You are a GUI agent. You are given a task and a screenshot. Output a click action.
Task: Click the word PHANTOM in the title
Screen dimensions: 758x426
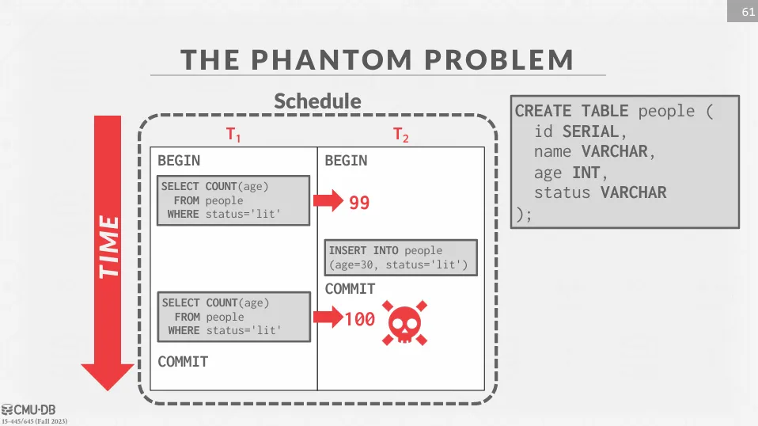pyautogui.click(x=332, y=59)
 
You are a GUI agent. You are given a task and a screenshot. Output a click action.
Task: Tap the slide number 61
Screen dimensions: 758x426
pyautogui.click(x=749, y=12)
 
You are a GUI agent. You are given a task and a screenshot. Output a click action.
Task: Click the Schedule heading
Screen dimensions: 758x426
pyautogui.click(x=317, y=101)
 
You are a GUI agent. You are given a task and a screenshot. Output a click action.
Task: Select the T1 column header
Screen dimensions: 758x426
pyautogui.click(x=233, y=134)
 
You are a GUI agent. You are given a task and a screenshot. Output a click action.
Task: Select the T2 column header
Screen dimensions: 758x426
pyautogui.click(x=400, y=135)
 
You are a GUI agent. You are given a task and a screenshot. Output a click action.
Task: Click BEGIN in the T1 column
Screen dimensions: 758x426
pyautogui.click(x=179, y=161)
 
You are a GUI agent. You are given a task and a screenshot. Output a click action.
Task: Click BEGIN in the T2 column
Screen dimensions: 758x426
pyautogui.click(x=346, y=161)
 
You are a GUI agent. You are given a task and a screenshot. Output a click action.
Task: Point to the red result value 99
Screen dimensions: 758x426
pyautogui.click(x=359, y=203)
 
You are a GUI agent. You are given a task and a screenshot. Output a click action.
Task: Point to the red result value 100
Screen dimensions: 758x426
pyautogui.click(x=360, y=319)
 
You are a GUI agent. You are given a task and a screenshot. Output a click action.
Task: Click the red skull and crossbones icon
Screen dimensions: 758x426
pyautogui.click(x=404, y=322)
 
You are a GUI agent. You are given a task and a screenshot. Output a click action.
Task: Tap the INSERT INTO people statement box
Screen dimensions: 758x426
pyautogui.click(x=400, y=257)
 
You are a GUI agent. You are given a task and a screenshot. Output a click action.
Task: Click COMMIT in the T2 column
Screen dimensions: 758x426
pyautogui.click(x=350, y=289)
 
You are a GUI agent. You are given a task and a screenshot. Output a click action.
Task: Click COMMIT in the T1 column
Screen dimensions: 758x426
pyautogui.click(x=183, y=362)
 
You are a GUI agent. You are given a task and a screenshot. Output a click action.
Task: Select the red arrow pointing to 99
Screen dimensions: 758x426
pyautogui.click(x=328, y=200)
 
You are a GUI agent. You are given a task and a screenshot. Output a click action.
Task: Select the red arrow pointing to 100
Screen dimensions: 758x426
pyautogui.click(x=328, y=318)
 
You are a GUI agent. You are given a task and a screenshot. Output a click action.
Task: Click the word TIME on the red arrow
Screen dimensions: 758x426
pyautogui.click(x=108, y=247)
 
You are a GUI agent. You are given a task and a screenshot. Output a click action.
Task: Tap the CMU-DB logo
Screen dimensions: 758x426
pyautogui.click(x=28, y=410)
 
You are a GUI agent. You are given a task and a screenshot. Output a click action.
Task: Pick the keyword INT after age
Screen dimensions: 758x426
pyautogui.click(x=586, y=173)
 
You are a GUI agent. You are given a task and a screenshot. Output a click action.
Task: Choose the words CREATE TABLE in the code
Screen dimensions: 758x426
pyautogui.click(x=571, y=111)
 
